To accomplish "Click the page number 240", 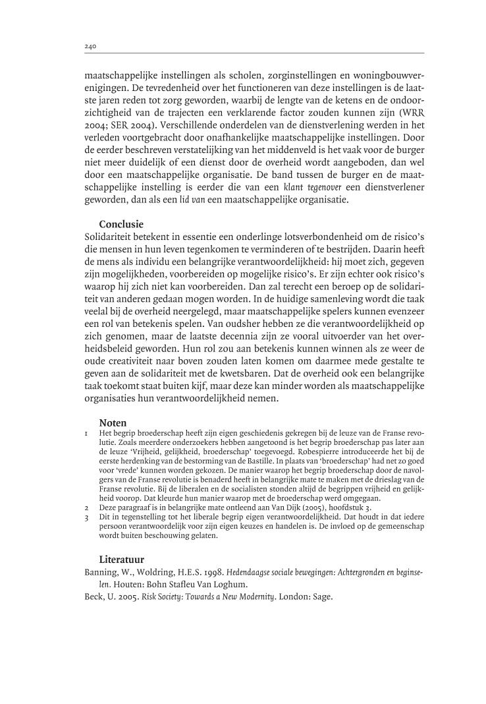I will [91, 47].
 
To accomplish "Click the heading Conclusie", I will [121, 223].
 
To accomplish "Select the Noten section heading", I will [113, 422].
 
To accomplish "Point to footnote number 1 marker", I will [87, 433].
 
